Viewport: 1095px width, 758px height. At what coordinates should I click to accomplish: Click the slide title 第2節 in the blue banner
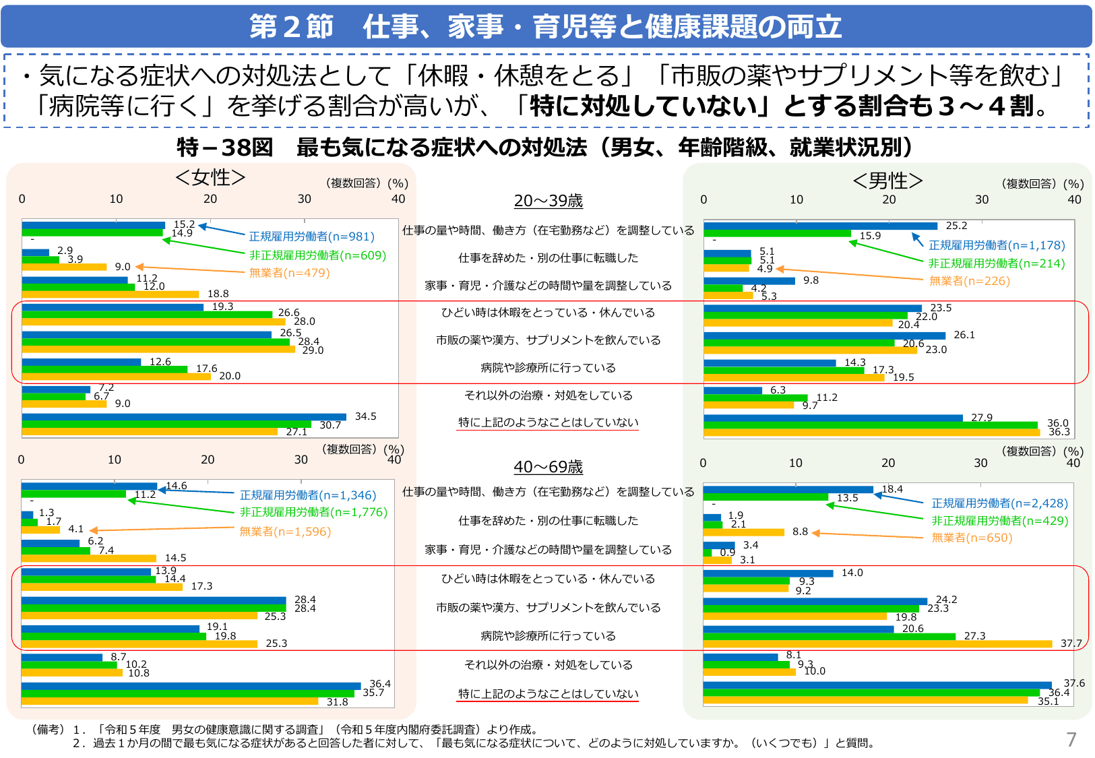coord(291,27)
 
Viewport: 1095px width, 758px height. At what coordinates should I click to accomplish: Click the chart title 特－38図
coord(224,148)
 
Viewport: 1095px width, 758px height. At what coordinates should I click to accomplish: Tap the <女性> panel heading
coord(210,177)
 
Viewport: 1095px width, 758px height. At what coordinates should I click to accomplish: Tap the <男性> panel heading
coord(887,181)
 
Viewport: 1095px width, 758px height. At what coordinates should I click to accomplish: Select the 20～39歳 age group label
coord(548,201)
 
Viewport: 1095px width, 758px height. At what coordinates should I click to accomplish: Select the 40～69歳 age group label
coord(548,467)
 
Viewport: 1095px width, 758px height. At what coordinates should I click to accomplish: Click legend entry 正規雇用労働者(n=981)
coord(311,236)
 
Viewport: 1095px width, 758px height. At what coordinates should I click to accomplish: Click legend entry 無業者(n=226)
coord(969,281)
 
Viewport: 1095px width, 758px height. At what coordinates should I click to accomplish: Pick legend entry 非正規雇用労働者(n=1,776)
coord(313,512)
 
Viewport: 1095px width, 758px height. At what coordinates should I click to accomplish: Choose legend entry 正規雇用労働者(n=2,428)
coord(999,503)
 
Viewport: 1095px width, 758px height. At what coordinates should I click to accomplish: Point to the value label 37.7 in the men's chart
coord(1071,643)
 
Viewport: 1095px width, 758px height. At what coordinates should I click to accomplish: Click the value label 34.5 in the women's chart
coord(365,416)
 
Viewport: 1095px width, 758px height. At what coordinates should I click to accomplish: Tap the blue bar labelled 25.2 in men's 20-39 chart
coord(820,226)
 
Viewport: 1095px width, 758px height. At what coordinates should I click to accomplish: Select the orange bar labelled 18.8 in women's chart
coord(111,294)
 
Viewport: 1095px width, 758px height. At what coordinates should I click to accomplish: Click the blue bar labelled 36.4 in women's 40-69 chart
coord(191,686)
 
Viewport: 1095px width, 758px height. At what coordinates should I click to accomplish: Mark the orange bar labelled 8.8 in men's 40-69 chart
coord(743,532)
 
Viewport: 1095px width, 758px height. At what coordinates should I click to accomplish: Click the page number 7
coord(1071,740)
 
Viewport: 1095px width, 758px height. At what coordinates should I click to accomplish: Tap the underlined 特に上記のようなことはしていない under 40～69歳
coord(548,694)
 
